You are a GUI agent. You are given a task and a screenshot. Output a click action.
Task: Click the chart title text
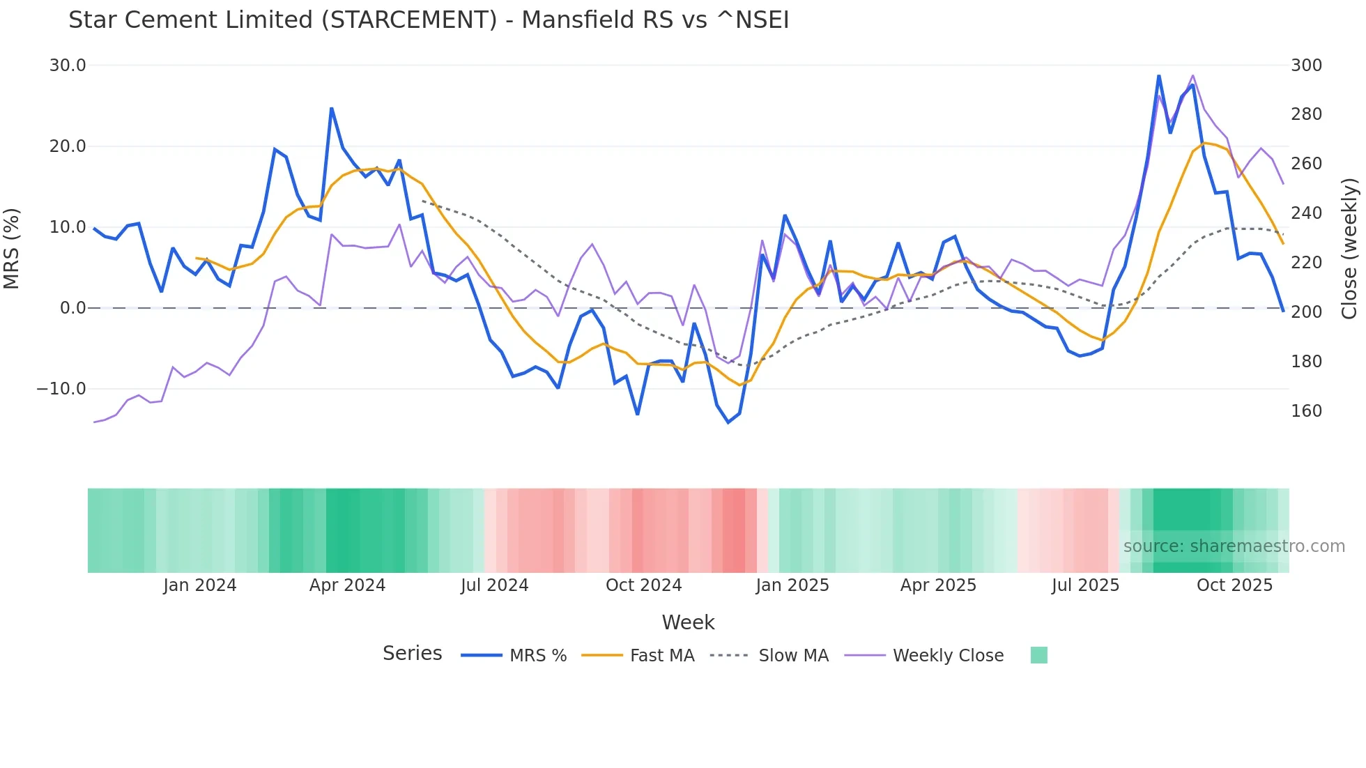point(429,20)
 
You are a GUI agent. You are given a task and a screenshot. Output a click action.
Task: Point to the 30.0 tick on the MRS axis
point(68,66)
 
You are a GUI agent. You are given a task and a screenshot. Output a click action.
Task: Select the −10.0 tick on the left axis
point(61,389)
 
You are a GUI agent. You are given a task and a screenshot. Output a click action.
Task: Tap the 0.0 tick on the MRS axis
point(73,308)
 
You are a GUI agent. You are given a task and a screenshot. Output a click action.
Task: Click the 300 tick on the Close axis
point(1306,66)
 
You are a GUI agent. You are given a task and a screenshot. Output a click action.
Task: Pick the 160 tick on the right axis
point(1306,411)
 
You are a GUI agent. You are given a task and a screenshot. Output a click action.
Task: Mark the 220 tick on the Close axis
point(1306,263)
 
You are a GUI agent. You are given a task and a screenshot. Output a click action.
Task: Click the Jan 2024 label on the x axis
point(200,585)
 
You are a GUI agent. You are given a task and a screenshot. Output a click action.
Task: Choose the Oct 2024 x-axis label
point(643,585)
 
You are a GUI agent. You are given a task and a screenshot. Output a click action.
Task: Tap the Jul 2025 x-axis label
point(1085,585)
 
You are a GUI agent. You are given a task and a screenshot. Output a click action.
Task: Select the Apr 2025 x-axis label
point(938,585)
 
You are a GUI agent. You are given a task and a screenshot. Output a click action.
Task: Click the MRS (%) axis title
point(12,248)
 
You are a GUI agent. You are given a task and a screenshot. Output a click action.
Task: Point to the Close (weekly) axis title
point(1350,248)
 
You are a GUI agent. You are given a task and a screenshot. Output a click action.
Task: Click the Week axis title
point(688,622)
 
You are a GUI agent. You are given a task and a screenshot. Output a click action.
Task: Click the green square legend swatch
point(1038,655)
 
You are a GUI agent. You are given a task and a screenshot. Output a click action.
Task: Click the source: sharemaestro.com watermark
point(1234,546)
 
